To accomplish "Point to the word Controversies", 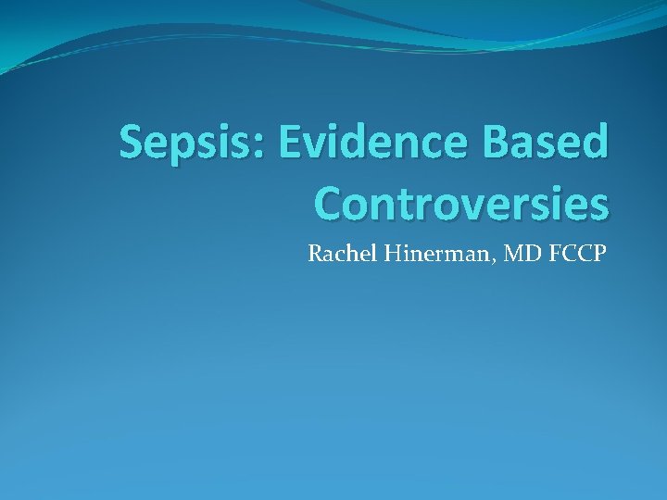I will (x=461, y=202).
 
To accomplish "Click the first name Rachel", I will (x=337, y=253).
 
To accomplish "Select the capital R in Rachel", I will (x=315, y=253).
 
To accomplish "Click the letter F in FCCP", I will (x=547, y=253).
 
